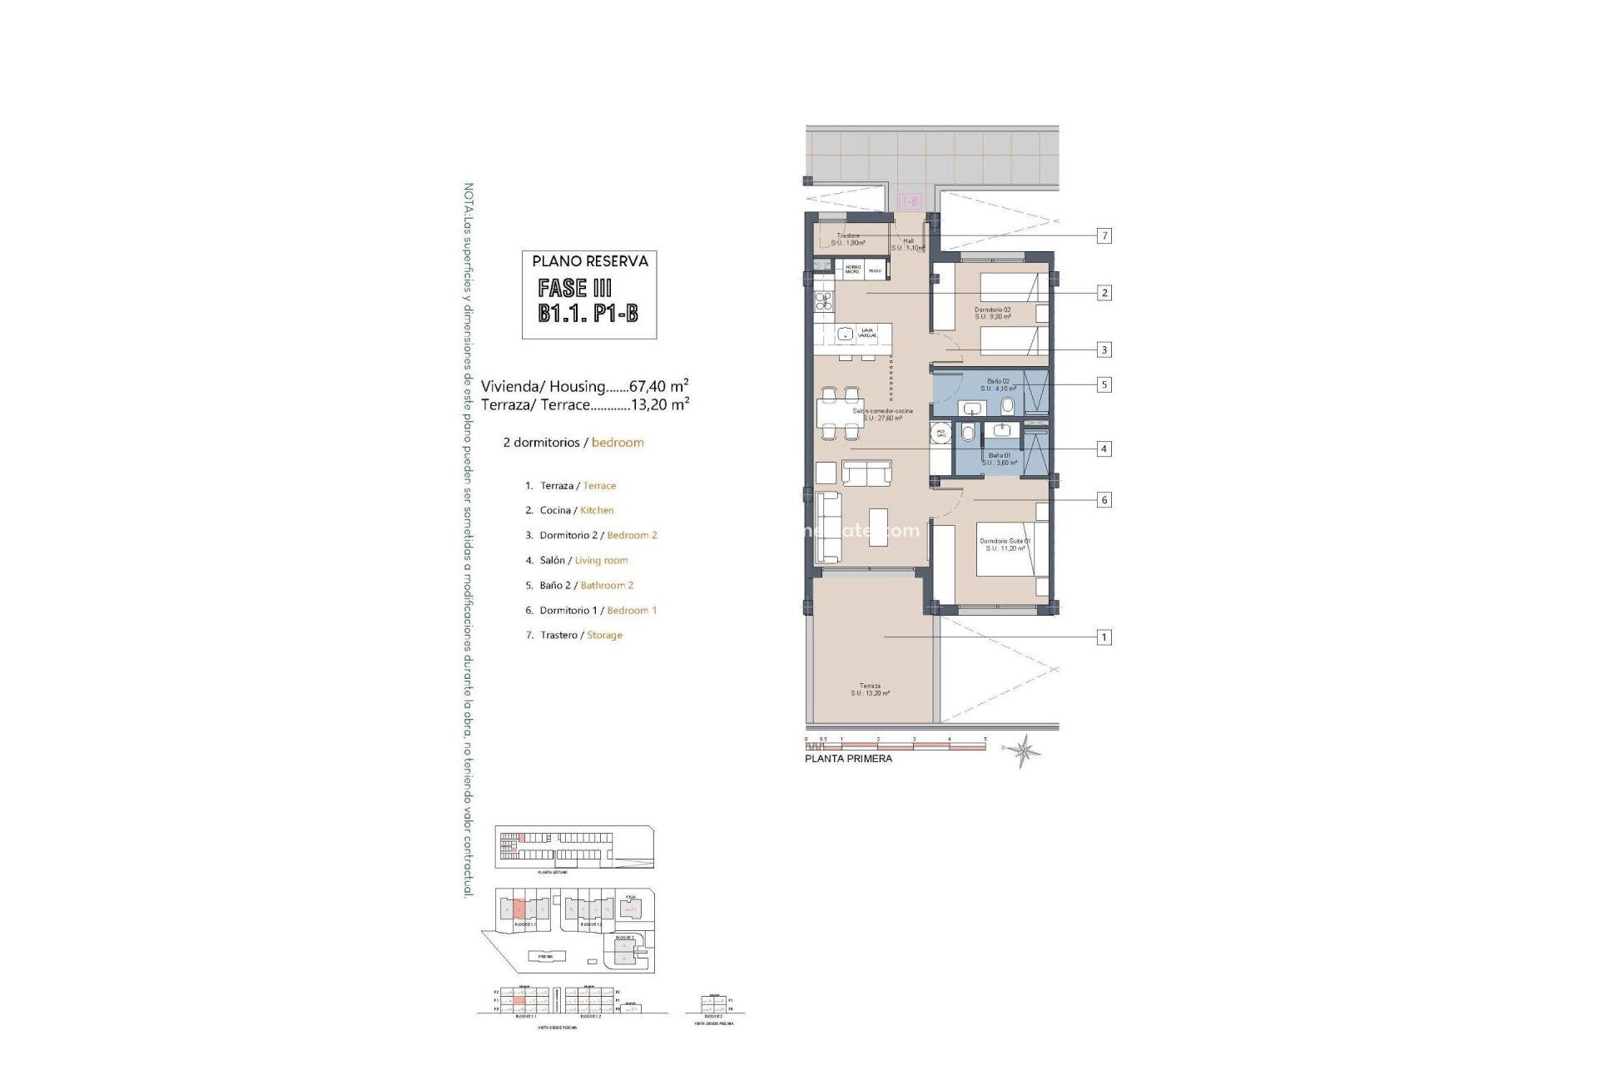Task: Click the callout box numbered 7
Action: coord(1104,236)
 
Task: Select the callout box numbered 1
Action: coord(1104,637)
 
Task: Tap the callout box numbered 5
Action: coord(1104,385)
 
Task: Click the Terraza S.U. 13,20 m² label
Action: coord(870,690)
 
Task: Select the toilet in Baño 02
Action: coord(1008,407)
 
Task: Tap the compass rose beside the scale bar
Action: coord(1023,750)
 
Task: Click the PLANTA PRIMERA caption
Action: coord(848,759)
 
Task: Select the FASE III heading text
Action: coord(574,289)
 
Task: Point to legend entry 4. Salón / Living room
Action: coord(583,561)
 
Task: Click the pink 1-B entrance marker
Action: coord(910,201)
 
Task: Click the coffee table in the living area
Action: coord(878,527)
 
